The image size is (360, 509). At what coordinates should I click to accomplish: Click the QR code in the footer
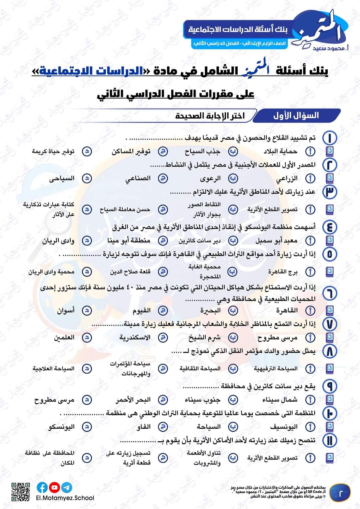tap(21, 492)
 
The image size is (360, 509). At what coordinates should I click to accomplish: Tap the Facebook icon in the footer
tap(42, 487)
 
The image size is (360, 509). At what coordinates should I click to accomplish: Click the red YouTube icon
tap(55, 487)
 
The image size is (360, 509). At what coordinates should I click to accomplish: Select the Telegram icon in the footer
tap(67, 487)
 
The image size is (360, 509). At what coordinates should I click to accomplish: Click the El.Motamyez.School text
tap(65, 498)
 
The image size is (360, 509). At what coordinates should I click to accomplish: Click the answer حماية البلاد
tap(280, 152)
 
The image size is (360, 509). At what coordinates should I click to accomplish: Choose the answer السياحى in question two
tap(62, 179)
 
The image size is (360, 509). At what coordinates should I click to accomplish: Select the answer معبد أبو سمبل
tap(276, 241)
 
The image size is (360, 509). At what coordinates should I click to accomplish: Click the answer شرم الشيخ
tap(204, 337)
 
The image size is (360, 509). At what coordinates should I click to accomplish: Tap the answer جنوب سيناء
tap(203, 400)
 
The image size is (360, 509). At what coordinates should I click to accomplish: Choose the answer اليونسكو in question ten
tap(61, 427)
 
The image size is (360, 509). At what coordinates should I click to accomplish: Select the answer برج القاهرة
tap(283, 272)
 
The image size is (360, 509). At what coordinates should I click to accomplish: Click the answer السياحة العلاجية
tap(53, 368)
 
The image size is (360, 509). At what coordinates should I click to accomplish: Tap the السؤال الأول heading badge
tap(296, 116)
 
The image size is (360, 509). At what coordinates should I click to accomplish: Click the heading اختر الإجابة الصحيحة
tap(210, 116)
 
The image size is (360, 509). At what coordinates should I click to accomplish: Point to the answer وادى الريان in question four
tap(58, 241)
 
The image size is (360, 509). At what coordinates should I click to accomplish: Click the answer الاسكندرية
tap(135, 337)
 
